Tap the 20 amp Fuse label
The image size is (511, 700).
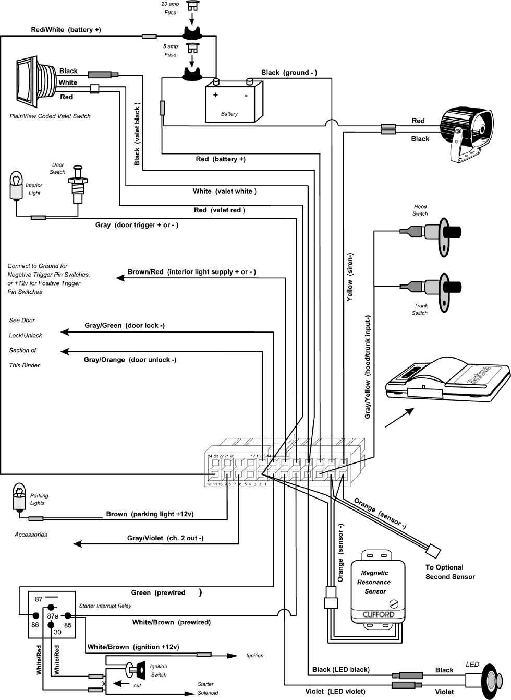[x=170, y=8]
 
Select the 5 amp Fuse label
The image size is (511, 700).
[x=170, y=51]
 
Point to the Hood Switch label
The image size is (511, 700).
[x=420, y=210]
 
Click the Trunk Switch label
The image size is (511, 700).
[x=420, y=310]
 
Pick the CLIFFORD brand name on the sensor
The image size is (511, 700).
[x=379, y=614]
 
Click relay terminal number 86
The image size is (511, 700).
[x=35, y=625]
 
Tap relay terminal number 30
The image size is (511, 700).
[x=57, y=632]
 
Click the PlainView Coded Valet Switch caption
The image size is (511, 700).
[x=50, y=116]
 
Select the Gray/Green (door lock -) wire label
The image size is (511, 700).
[x=125, y=325]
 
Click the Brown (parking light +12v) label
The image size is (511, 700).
[x=150, y=514]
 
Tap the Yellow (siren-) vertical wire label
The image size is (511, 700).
[x=350, y=277]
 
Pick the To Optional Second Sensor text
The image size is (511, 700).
[x=450, y=572]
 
